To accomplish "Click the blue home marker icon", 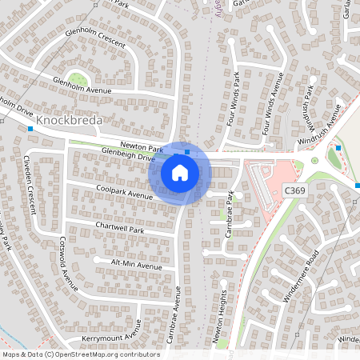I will (180, 172).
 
